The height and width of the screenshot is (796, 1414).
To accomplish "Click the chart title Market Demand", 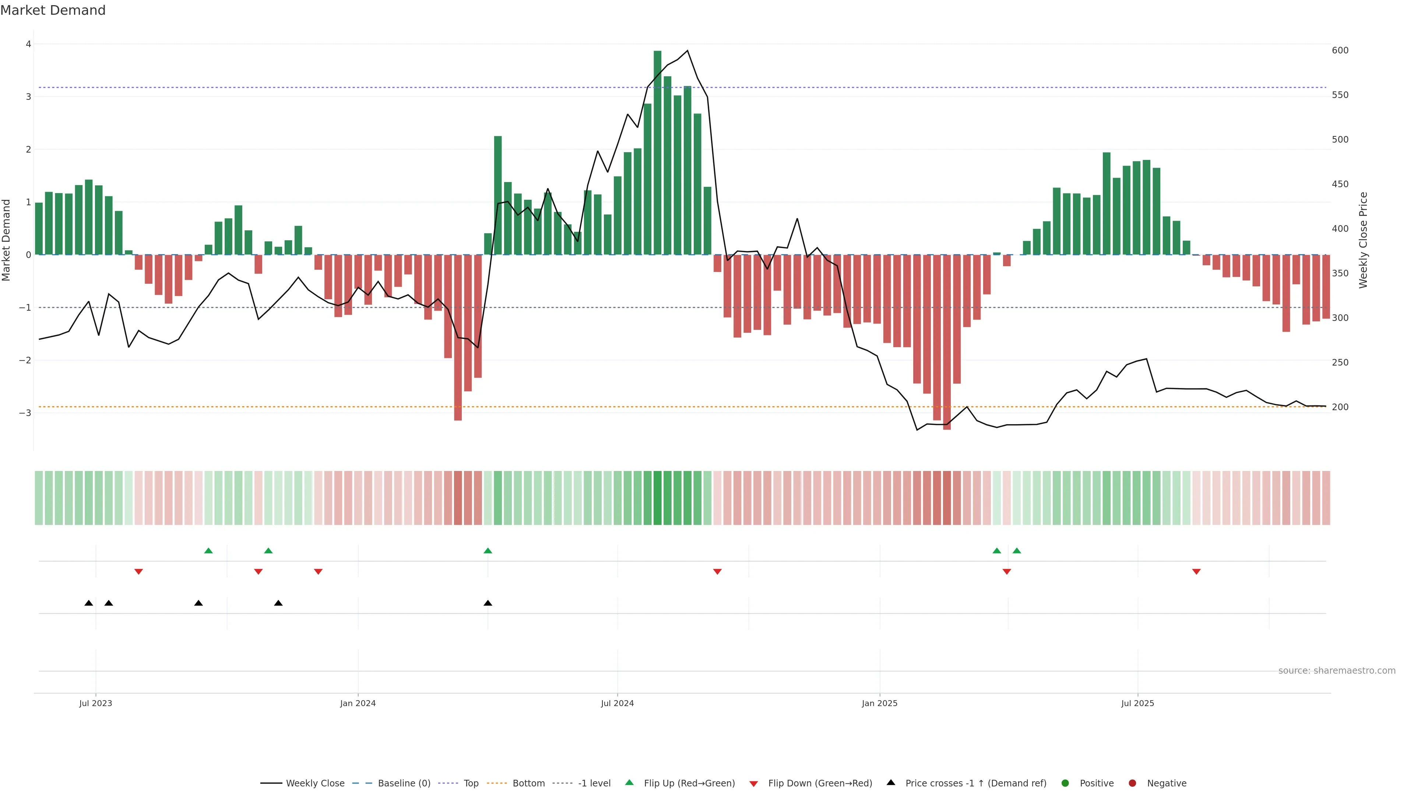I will coord(53,10).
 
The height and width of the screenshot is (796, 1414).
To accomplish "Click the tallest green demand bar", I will coord(657,152).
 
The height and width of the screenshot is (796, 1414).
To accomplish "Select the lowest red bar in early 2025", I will coord(946,342).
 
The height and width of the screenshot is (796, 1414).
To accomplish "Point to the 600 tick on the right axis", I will coord(1340,50).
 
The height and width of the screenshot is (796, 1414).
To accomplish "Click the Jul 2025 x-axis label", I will coord(1137,703).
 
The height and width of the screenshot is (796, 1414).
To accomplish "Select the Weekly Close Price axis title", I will coord(1363,240).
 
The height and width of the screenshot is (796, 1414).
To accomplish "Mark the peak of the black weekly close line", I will coord(687,50).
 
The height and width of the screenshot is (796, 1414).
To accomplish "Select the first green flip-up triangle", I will coord(208,551).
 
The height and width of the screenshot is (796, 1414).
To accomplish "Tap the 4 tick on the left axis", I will coord(28,44).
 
